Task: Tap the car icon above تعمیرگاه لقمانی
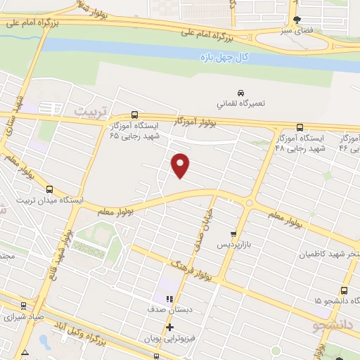click(241, 93)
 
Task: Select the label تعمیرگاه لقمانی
click(241, 103)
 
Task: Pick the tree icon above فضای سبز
click(297, 20)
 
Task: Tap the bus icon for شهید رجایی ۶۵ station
click(134, 115)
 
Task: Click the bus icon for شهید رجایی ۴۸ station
click(300, 127)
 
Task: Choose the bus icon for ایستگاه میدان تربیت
click(49, 189)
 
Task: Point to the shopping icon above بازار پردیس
click(234, 233)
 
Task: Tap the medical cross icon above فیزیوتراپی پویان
click(169, 327)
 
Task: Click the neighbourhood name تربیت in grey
click(93, 111)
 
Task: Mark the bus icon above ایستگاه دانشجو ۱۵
click(344, 290)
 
